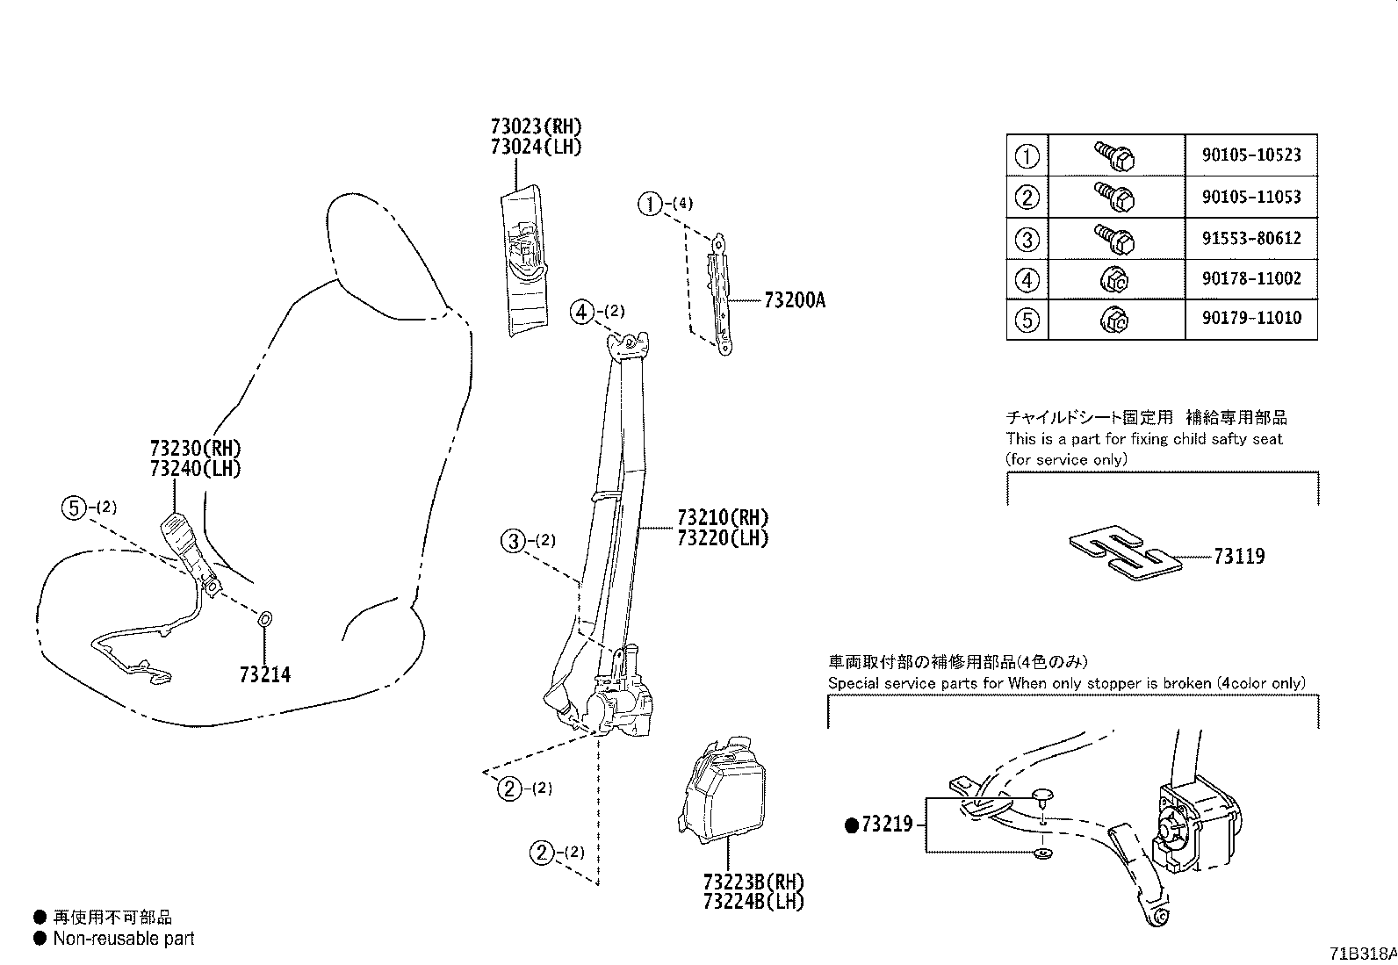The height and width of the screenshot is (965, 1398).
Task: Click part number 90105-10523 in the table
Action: [x=1251, y=155]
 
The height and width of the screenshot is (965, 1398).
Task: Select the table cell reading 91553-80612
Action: [x=1251, y=239]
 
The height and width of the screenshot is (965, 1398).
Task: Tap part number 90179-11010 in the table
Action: [x=1251, y=318]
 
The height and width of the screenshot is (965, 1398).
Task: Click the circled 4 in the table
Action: [x=1027, y=280]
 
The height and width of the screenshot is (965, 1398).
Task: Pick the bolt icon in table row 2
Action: [x=1115, y=197]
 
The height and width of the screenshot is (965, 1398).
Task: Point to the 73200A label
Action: [x=795, y=300]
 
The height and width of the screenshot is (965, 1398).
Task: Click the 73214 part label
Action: [x=265, y=674]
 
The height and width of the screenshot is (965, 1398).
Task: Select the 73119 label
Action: [x=1239, y=556]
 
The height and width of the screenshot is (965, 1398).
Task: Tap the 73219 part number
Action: [x=887, y=824]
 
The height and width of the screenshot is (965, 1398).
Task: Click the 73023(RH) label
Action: [x=537, y=126]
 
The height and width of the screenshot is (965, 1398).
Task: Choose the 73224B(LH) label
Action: [x=754, y=901]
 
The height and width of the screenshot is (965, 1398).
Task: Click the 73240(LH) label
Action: [x=195, y=468]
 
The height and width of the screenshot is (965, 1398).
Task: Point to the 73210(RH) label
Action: [x=723, y=517]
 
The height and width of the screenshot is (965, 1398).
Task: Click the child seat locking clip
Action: [x=1125, y=553]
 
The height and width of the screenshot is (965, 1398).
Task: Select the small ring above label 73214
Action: [x=264, y=619]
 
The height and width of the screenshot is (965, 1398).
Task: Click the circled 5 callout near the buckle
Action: [x=74, y=508]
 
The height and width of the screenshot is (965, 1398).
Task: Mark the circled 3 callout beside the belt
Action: [x=513, y=541]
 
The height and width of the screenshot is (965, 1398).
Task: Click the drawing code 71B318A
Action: [x=1362, y=953]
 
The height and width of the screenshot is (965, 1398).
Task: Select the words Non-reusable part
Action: [x=124, y=939]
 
